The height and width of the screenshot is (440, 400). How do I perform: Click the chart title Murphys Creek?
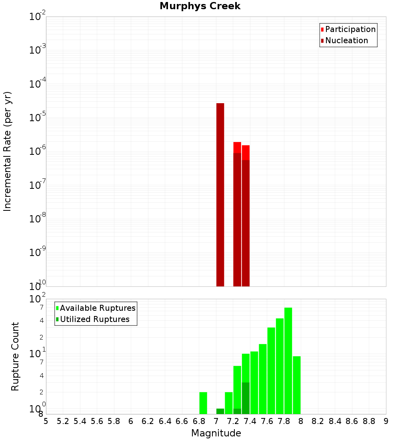(200, 6)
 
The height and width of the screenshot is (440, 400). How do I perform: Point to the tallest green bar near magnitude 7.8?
(288, 360)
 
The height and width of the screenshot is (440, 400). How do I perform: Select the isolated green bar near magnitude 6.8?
(203, 403)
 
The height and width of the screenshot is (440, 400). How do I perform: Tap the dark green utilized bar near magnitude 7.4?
(246, 398)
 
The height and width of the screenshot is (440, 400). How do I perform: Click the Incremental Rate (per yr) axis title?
(8, 152)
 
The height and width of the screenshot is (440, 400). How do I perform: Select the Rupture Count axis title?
(15, 356)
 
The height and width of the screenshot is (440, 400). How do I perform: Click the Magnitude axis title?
(216, 433)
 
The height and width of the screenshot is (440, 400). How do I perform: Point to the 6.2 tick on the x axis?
(148, 421)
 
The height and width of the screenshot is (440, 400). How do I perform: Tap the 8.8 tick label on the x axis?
(369, 421)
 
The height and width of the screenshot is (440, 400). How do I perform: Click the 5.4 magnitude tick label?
(80, 421)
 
